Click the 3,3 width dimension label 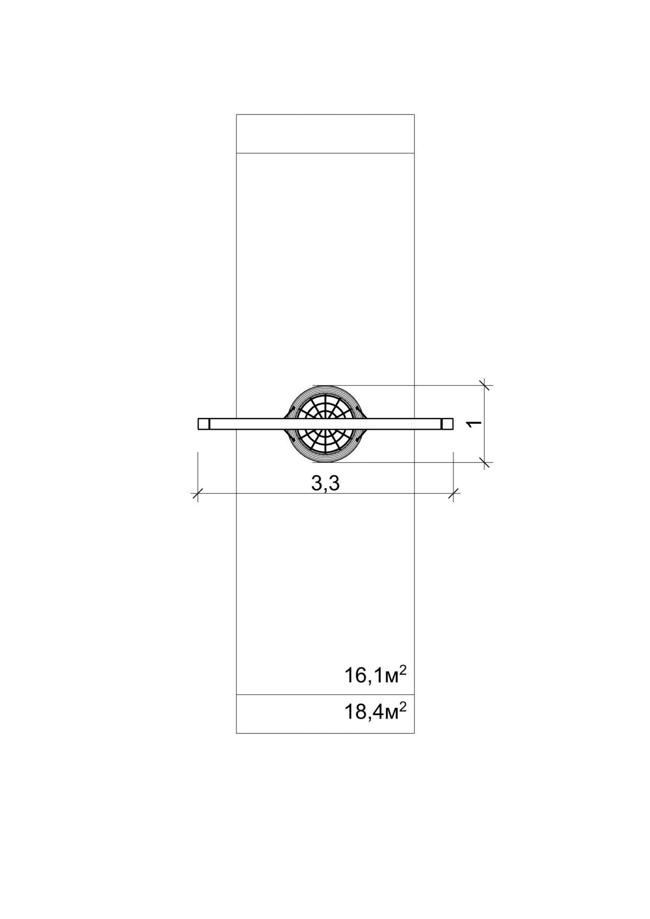pyautogui.click(x=325, y=484)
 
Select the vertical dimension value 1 pyautogui.click(x=473, y=424)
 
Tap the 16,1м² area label pyautogui.click(x=375, y=675)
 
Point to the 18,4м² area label pyautogui.click(x=375, y=713)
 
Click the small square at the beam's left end pyautogui.click(x=204, y=424)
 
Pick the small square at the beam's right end pyautogui.click(x=448, y=424)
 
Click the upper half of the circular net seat pyautogui.click(x=325, y=402)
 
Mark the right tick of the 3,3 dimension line pyautogui.click(x=453, y=494)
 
